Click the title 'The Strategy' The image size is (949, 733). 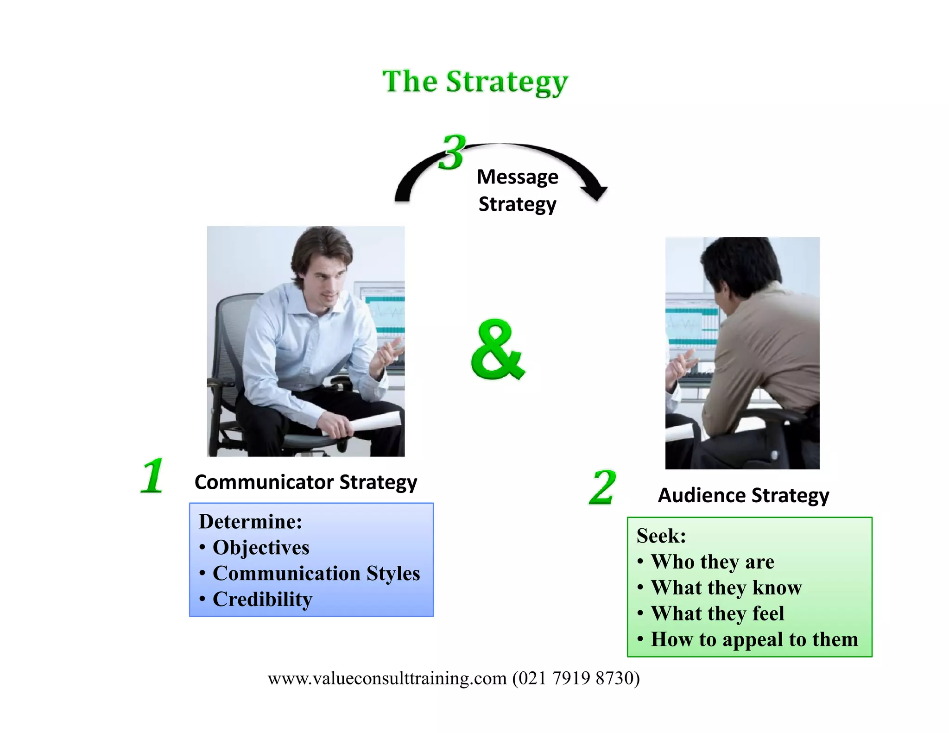(475, 82)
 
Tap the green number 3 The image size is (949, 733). (452, 152)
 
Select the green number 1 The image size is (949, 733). (152, 476)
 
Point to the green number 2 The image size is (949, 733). (602, 487)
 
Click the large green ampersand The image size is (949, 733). (498, 350)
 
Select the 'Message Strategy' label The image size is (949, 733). (517, 190)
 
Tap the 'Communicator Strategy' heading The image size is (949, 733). (306, 482)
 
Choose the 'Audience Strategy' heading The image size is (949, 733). (743, 495)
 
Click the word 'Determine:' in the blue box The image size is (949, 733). (250, 522)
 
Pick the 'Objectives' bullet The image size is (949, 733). (261, 548)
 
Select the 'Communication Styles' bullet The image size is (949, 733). (316, 574)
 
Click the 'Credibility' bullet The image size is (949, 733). (262, 600)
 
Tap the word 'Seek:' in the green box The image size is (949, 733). (661, 536)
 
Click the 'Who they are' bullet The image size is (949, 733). (712, 562)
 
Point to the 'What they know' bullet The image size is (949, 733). (726, 588)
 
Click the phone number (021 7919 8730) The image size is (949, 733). (576, 678)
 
